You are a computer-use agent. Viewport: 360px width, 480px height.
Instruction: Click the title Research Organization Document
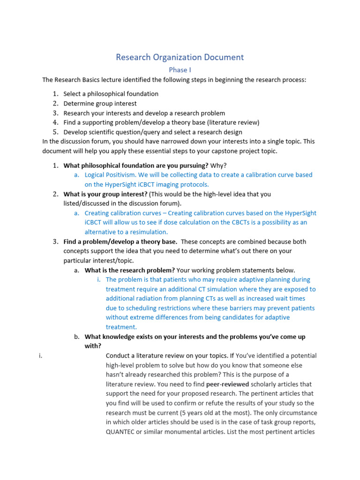point(180,57)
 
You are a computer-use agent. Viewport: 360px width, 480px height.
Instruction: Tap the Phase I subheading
point(180,70)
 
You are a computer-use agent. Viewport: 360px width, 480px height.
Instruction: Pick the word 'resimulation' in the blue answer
point(148,232)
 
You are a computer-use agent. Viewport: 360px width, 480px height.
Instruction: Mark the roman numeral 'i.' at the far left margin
point(41,355)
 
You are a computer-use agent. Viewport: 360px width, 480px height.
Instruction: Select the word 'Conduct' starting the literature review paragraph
point(119,355)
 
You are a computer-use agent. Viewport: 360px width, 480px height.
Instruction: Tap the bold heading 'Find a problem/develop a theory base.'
point(120,241)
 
